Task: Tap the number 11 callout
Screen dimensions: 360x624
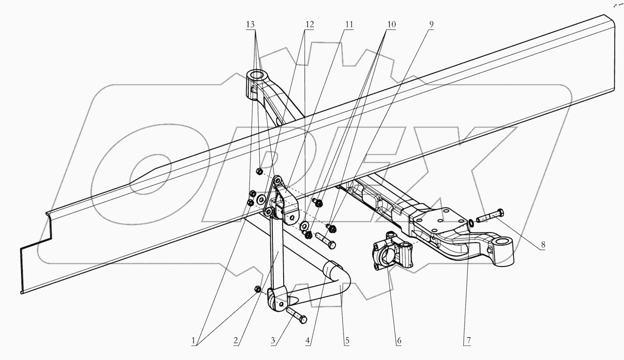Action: coord(348,24)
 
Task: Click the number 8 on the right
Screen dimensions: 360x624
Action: coord(543,245)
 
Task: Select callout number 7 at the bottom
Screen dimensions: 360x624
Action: coord(467,341)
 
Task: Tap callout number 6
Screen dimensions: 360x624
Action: coord(398,341)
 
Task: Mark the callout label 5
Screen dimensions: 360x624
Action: coord(347,341)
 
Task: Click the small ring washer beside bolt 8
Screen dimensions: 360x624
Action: coord(472,222)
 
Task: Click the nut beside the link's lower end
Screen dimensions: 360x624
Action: coord(257,289)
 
